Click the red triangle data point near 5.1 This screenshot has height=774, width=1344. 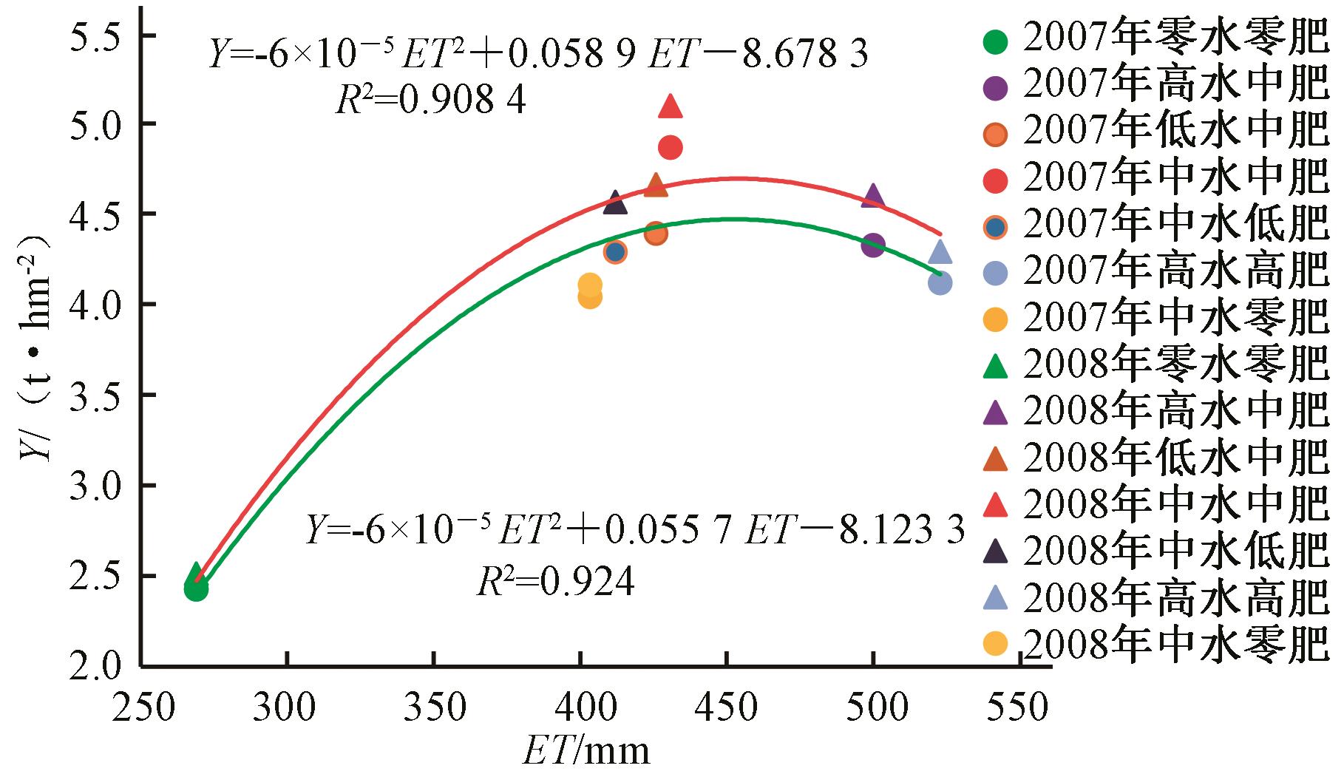(671, 106)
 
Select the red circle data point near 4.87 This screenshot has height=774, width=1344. (670, 148)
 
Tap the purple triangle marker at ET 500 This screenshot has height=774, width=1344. (873, 196)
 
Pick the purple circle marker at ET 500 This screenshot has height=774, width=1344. (873, 245)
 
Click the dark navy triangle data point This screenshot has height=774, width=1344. (615, 203)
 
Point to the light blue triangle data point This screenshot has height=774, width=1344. (940, 253)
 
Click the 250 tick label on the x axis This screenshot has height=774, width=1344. (140, 708)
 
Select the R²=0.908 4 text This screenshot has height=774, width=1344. (431, 101)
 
